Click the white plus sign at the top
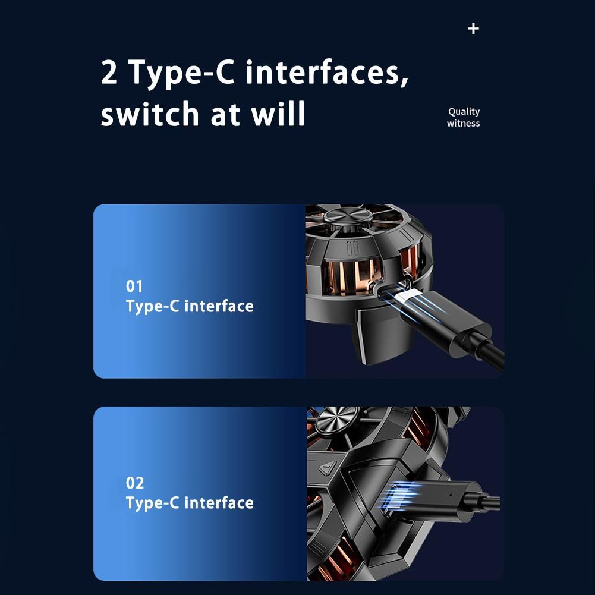click(473, 29)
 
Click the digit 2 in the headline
click(109, 72)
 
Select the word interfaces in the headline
click(327, 73)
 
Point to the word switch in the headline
click(150, 114)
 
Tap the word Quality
click(464, 112)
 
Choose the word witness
click(463, 123)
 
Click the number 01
click(134, 287)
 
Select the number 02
click(135, 483)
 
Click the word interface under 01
click(219, 306)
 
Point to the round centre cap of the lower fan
click(338, 418)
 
